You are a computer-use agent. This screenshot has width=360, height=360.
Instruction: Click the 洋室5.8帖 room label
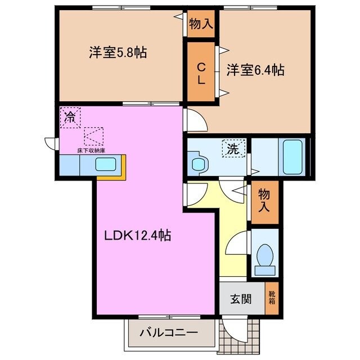tap(118, 53)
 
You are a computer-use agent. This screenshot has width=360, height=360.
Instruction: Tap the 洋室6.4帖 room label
tap(255, 70)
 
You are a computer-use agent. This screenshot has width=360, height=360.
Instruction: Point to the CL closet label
tap(201, 73)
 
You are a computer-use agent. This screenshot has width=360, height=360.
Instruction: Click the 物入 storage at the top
tap(200, 24)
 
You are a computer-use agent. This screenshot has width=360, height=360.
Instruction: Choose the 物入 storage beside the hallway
tap(264, 201)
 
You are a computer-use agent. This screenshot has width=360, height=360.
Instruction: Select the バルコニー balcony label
tap(168, 332)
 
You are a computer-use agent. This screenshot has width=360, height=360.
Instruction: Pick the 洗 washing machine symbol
tap(233, 149)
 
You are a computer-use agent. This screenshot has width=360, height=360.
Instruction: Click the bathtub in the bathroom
tap(293, 156)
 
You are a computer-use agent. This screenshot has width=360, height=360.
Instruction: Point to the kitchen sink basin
tap(106, 165)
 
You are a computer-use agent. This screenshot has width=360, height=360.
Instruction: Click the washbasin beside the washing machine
tap(197, 164)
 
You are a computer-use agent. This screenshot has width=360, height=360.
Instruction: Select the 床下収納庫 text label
tap(91, 151)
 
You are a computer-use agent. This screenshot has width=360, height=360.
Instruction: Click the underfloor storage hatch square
tap(94, 136)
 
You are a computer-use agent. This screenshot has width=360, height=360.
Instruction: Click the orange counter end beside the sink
tap(120, 164)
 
